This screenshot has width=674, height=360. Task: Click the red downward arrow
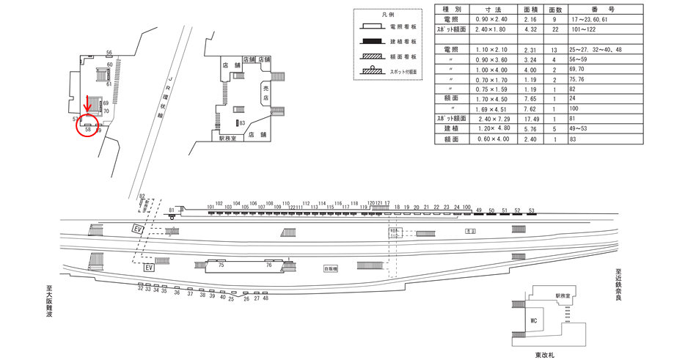click(88, 104)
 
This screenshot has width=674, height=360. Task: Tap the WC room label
click(535, 320)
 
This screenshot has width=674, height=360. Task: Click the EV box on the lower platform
click(150, 268)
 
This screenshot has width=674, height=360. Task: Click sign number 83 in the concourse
click(242, 123)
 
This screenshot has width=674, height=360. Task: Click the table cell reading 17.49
click(531, 119)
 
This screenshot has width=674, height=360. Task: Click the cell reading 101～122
click(585, 29)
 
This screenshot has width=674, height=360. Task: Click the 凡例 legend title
click(388, 15)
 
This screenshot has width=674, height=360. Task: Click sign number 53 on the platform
click(531, 210)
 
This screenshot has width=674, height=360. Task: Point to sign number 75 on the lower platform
click(220, 265)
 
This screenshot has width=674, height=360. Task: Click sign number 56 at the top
click(109, 52)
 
